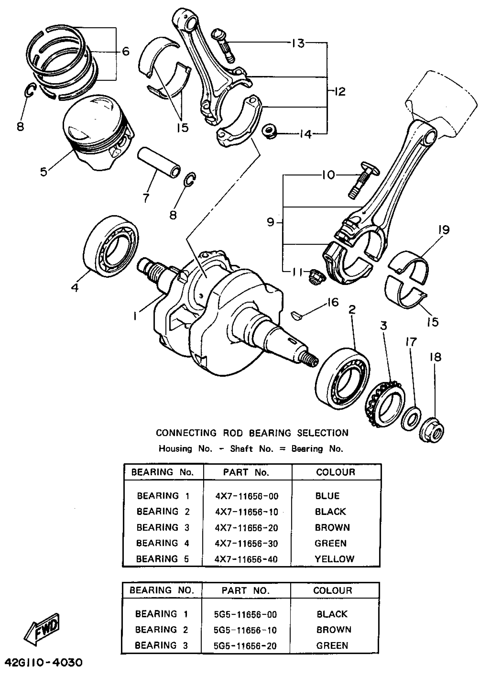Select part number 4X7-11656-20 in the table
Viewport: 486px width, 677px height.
(x=246, y=528)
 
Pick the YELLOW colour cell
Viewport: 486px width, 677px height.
(x=334, y=559)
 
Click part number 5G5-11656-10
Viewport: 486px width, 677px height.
(x=245, y=630)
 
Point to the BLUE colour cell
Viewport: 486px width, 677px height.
(x=328, y=496)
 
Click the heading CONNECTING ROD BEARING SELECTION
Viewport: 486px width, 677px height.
(x=252, y=433)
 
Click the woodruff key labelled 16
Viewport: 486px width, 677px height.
(x=296, y=315)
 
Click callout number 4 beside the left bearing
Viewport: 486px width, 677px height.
(x=75, y=287)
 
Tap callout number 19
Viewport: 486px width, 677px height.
(x=444, y=230)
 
